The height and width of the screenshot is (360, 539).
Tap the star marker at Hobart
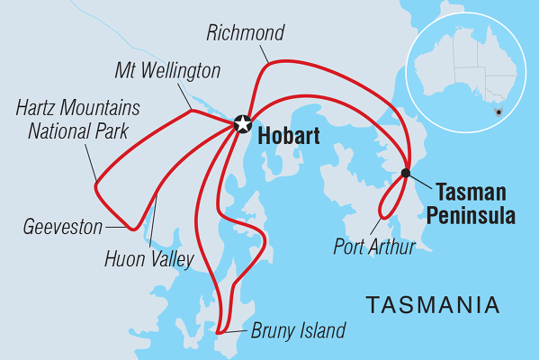[241, 125]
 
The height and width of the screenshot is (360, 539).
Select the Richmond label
[245, 33]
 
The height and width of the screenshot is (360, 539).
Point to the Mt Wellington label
[168, 69]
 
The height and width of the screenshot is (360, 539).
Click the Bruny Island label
[298, 330]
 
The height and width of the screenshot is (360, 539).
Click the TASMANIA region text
[433, 304]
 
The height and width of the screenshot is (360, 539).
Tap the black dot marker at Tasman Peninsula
[406, 173]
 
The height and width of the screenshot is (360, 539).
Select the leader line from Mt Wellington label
[183, 94]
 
